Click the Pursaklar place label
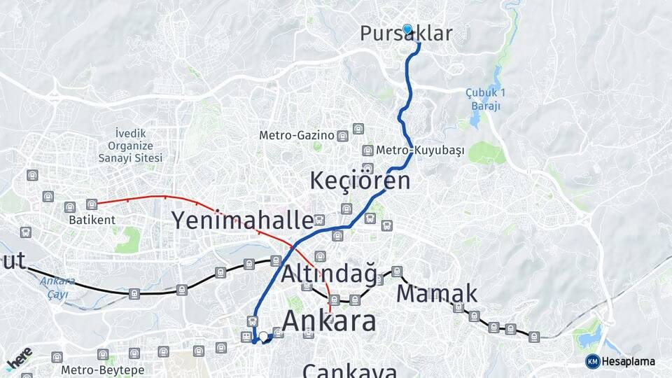tap(406, 34)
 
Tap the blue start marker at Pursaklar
tap(407, 29)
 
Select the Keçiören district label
tap(360, 181)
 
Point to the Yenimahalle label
tap(242, 220)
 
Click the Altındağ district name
tap(328, 274)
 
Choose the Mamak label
tap(437, 293)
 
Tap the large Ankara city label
tap(329, 321)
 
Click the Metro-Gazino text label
tap(297, 135)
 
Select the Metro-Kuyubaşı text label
tap(420, 150)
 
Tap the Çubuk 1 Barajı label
tap(484, 99)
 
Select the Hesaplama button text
tap(629, 361)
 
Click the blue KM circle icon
tap(592, 361)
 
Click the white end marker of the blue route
tap(264, 337)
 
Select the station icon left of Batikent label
tap(69, 207)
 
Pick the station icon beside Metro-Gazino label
tap(342, 136)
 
